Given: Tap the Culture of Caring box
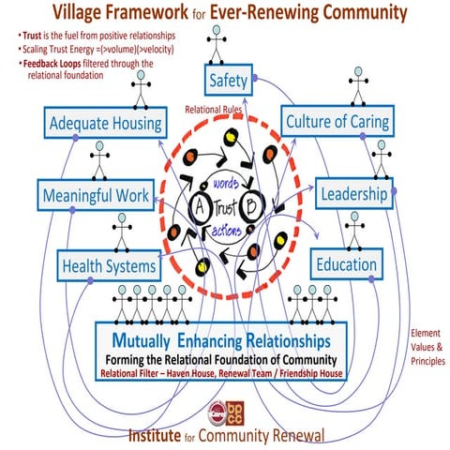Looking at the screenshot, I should click(337, 122).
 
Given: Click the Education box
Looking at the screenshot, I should click(346, 263).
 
